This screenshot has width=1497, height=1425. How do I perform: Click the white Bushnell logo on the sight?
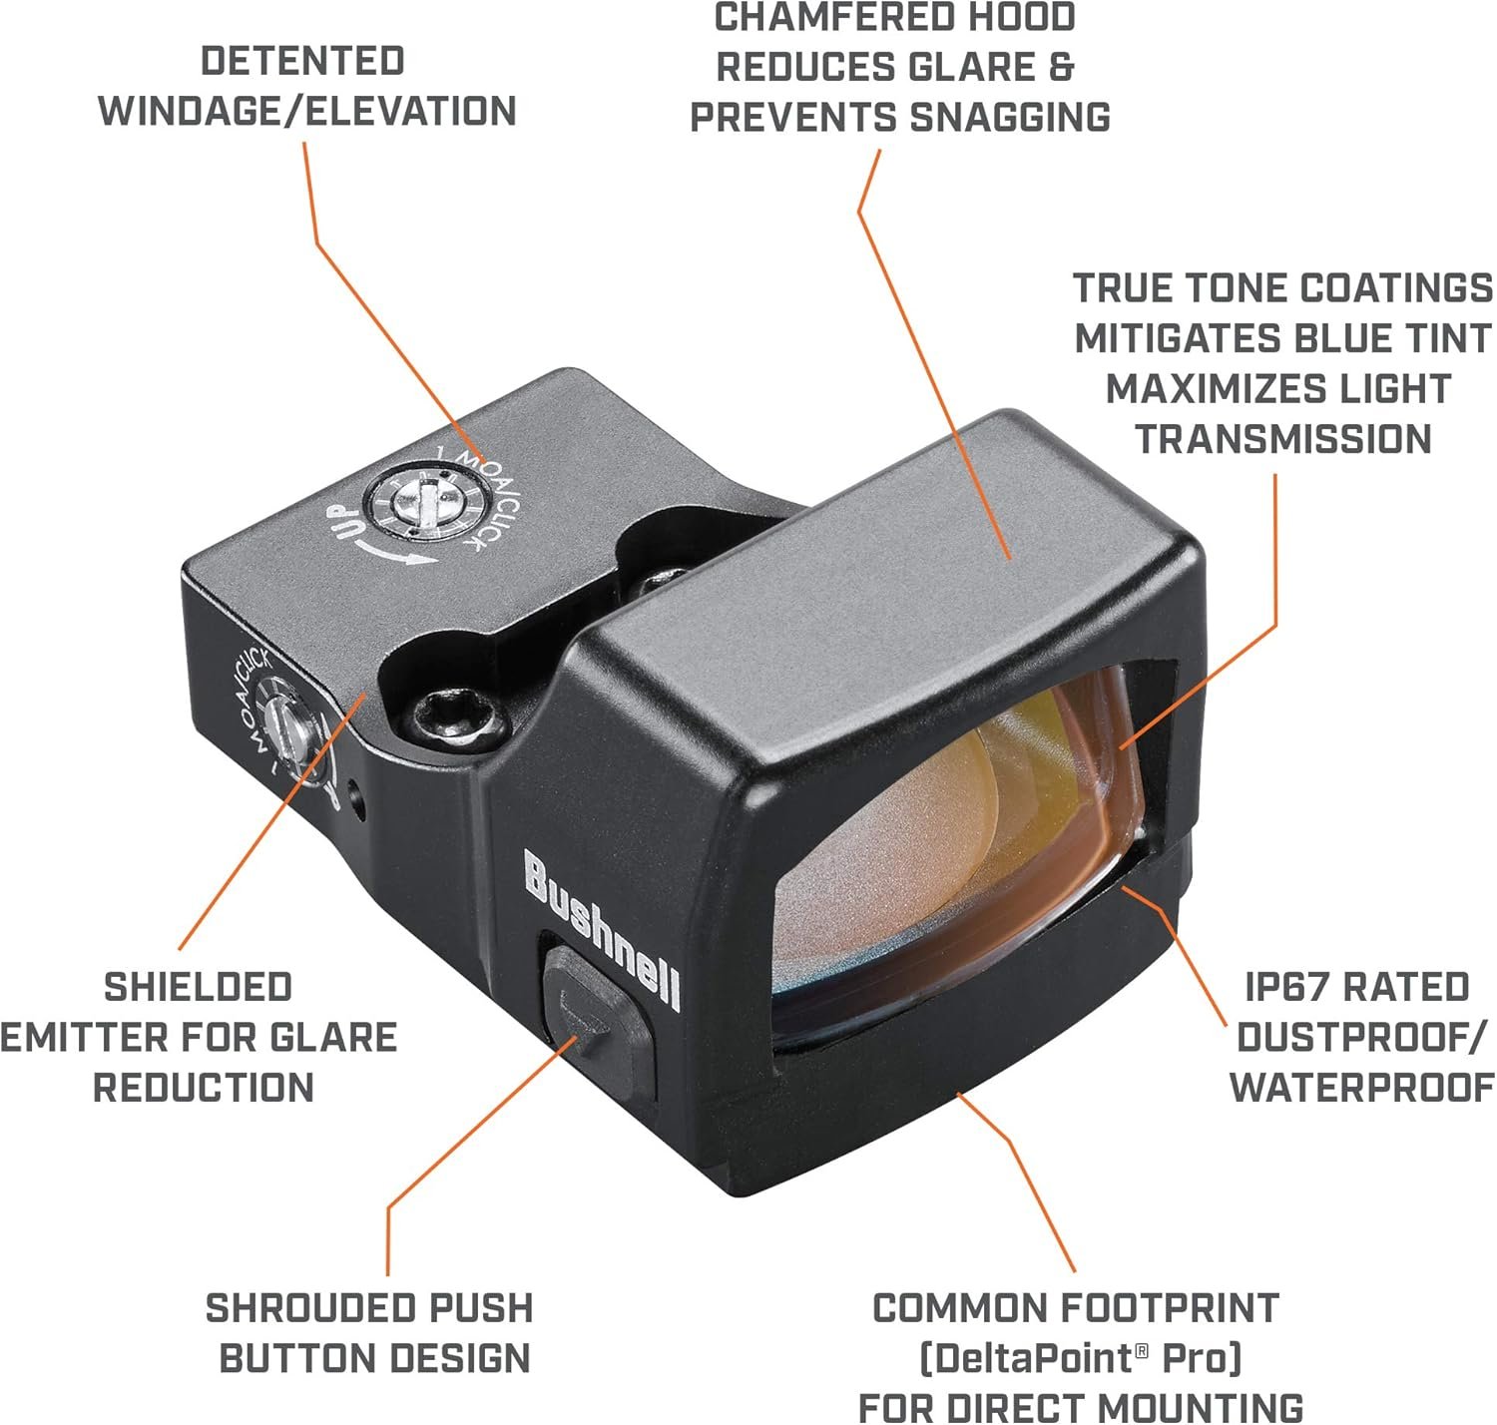click(x=602, y=930)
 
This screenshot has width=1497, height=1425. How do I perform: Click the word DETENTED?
click(x=302, y=61)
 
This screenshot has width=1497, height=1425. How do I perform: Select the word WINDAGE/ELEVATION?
click(x=307, y=111)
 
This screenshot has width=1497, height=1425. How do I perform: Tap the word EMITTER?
click(x=72, y=1038)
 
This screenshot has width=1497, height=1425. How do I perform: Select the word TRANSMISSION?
click(x=1283, y=439)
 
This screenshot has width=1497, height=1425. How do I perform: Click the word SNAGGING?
click(x=1010, y=118)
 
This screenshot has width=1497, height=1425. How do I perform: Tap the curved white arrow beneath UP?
click(x=400, y=554)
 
